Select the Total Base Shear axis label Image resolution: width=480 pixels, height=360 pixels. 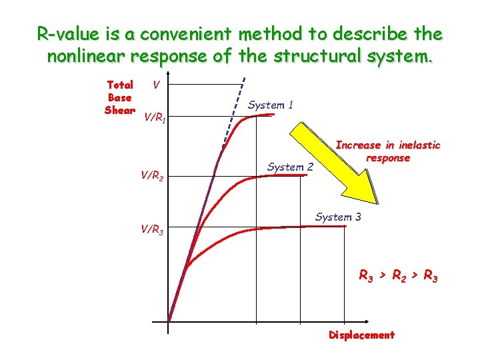click(120, 97)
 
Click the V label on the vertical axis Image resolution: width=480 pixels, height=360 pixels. click(155, 85)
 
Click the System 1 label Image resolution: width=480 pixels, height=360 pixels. click(270, 105)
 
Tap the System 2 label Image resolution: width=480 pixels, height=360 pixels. click(290, 167)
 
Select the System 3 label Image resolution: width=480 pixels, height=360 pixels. click(338, 217)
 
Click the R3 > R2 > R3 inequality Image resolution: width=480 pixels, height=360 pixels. click(398, 275)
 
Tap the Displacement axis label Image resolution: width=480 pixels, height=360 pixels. click(361, 335)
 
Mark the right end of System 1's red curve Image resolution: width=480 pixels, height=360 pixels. click(273, 115)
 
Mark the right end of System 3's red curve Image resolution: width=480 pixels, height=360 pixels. click(345, 227)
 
